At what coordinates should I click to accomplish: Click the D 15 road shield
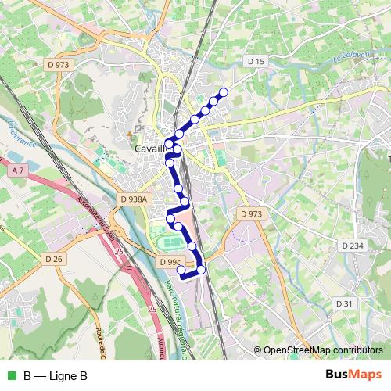coord(256,60)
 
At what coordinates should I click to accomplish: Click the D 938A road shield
coord(134,199)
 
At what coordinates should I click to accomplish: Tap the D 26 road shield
coord(54,258)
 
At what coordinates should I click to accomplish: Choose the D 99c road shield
coord(170,262)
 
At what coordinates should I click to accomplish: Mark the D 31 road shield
coord(345,303)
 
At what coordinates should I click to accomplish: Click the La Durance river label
coord(13,131)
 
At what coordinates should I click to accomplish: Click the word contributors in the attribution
coord(357,350)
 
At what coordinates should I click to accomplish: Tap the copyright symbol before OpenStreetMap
coord(258,350)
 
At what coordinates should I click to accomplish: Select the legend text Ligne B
coord(67,375)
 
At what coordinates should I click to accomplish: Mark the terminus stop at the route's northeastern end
coord(224,92)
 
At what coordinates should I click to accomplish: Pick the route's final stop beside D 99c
coord(181,271)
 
